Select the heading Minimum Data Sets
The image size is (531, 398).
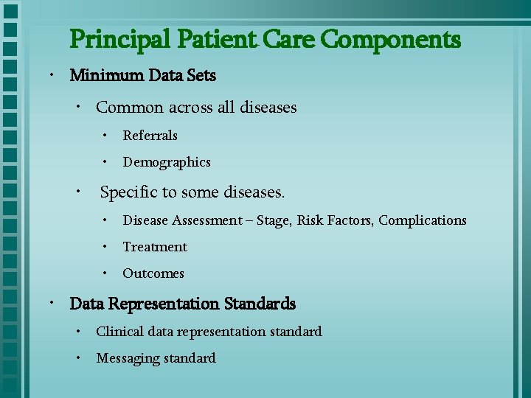click(142, 75)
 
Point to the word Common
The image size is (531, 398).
click(130, 108)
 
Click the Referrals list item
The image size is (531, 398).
click(150, 136)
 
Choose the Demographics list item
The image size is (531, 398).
click(167, 162)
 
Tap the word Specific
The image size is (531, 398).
click(128, 192)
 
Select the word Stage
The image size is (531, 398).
click(275, 220)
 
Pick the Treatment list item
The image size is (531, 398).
click(155, 247)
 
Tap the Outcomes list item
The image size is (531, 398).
click(153, 273)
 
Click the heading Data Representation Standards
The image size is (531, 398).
click(182, 304)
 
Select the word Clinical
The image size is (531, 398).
click(119, 332)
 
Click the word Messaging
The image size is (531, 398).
click(128, 358)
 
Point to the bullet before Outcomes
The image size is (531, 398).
click(105, 273)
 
